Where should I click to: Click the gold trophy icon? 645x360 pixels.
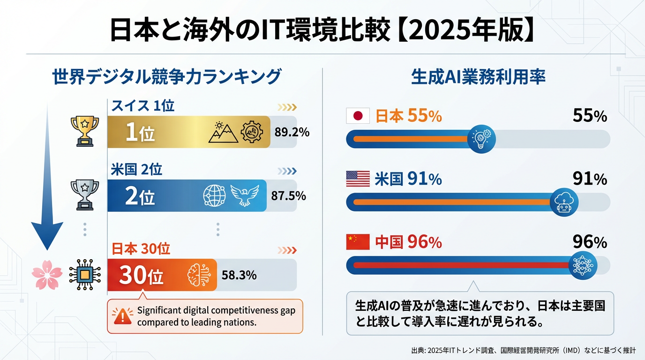85,131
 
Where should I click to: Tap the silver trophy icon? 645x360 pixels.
85,195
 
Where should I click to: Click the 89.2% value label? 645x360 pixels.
292,132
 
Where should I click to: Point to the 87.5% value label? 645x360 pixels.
289,195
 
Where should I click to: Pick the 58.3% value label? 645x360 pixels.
239,275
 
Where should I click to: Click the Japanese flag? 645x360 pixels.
358,116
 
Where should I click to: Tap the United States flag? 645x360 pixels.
358,179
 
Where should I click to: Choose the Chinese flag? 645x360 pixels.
358,242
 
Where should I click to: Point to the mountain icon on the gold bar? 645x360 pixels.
222,132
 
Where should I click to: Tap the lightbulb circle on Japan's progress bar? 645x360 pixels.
482,139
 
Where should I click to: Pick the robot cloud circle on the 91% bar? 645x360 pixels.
564,202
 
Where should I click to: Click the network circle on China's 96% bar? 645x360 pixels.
583,265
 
